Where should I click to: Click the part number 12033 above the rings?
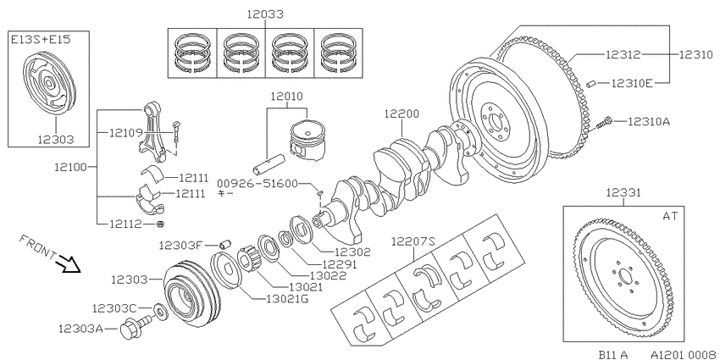coord(265,14)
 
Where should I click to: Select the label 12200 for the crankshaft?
coord(402,114)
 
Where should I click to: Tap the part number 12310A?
coord(649,122)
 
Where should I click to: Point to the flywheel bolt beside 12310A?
coord(604,123)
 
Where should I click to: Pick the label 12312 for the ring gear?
coord(623,55)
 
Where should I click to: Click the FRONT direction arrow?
coord(68,265)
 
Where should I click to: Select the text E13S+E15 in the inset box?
coord(42,40)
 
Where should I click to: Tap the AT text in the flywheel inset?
coord(670,216)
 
